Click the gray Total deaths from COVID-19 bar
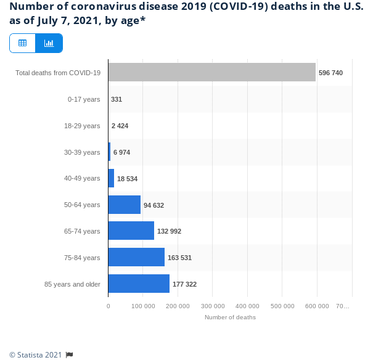(211, 73)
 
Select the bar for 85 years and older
(139, 284)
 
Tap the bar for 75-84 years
(136, 257)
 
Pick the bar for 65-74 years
(131, 231)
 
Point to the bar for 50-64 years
(124, 205)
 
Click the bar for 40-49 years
(111, 178)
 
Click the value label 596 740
(330, 73)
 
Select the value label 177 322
(184, 284)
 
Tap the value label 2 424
(120, 126)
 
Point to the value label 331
(117, 99)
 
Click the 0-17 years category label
(84, 99)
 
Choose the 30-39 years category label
(82, 152)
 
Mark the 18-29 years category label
(82, 126)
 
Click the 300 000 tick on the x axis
(213, 306)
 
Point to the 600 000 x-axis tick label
(317, 306)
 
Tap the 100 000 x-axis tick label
(143, 306)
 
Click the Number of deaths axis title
(230, 317)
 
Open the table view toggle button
(23, 43)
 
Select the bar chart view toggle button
(49, 43)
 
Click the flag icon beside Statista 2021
(70, 354)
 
